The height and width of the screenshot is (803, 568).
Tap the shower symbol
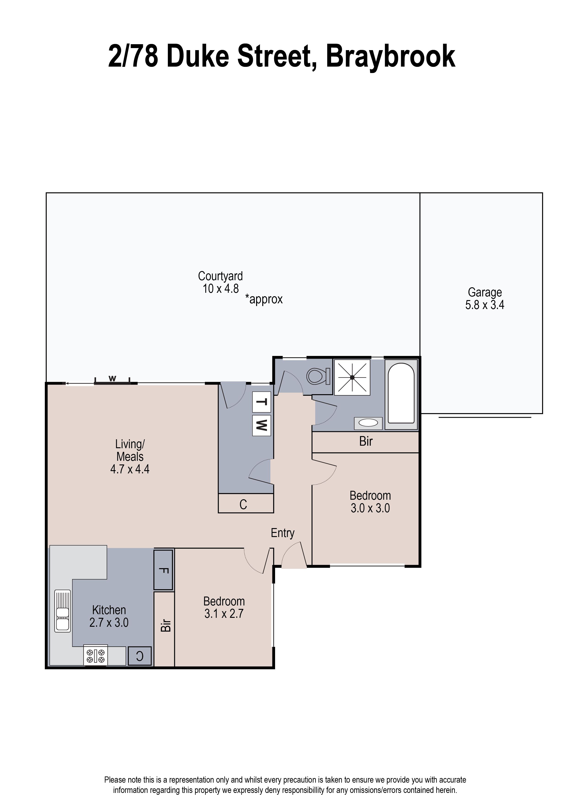[x=352, y=377]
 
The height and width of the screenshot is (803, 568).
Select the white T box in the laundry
[x=262, y=402]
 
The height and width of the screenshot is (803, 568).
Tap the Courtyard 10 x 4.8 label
[x=220, y=282]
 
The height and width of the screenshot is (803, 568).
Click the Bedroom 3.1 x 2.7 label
[x=224, y=607]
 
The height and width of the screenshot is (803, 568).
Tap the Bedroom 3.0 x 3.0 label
[x=370, y=502]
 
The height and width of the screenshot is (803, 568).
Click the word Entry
[x=283, y=533]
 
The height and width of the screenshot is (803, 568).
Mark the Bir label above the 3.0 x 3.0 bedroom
[x=366, y=441]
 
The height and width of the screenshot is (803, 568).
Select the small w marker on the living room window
[x=112, y=378]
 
